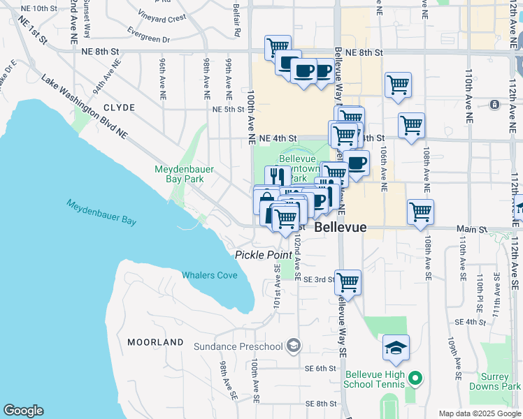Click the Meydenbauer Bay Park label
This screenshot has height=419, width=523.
coord(184,174)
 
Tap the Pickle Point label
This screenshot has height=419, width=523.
coord(263,255)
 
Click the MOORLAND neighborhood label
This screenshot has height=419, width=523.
coord(155,342)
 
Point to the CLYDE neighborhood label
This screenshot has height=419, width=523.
coord(119,108)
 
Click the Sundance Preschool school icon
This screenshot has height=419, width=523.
coord(294,346)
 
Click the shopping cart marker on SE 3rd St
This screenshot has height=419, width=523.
coord(348,282)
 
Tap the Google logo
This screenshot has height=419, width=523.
coord(23,411)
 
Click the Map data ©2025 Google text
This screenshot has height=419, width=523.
coord(480,413)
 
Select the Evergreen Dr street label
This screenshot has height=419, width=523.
coord(149,35)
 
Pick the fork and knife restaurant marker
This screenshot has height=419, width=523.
coord(277,177)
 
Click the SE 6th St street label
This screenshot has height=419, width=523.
coord(321,368)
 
